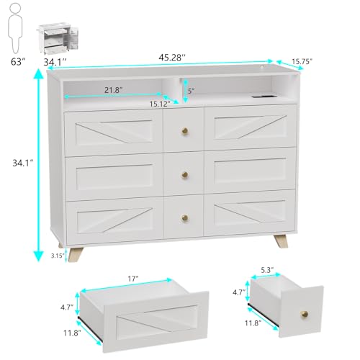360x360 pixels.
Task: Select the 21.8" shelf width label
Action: point(112,90)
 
